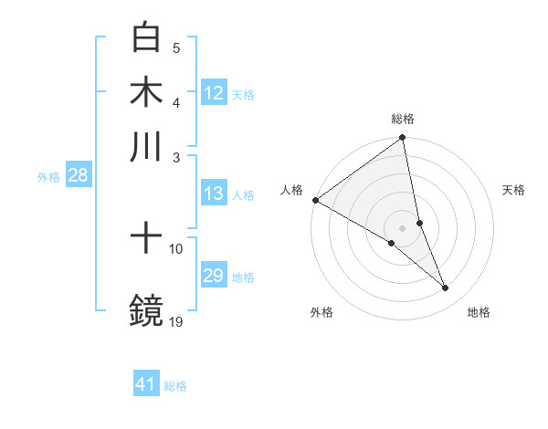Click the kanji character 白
pyautogui.click(x=146, y=38)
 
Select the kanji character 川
pyautogui.click(x=146, y=146)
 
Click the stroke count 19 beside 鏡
pyautogui.click(x=176, y=320)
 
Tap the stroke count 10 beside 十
pyautogui.click(x=176, y=248)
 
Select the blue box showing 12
pyautogui.click(x=214, y=92)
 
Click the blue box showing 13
pyautogui.click(x=214, y=194)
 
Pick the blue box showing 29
pyautogui.click(x=214, y=276)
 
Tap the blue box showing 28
pyautogui.click(x=78, y=176)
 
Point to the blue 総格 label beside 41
pyautogui.click(x=175, y=386)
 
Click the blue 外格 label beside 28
pyautogui.click(x=48, y=177)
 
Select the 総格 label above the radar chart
pyautogui.click(x=403, y=119)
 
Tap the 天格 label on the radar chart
pyautogui.click(x=514, y=190)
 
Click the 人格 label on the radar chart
pyautogui.click(x=292, y=190)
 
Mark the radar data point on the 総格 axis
pyautogui.click(x=403, y=139)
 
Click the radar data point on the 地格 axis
pyautogui.click(x=446, y=288)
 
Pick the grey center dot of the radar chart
pyautogui.click(x=403, y=227)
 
